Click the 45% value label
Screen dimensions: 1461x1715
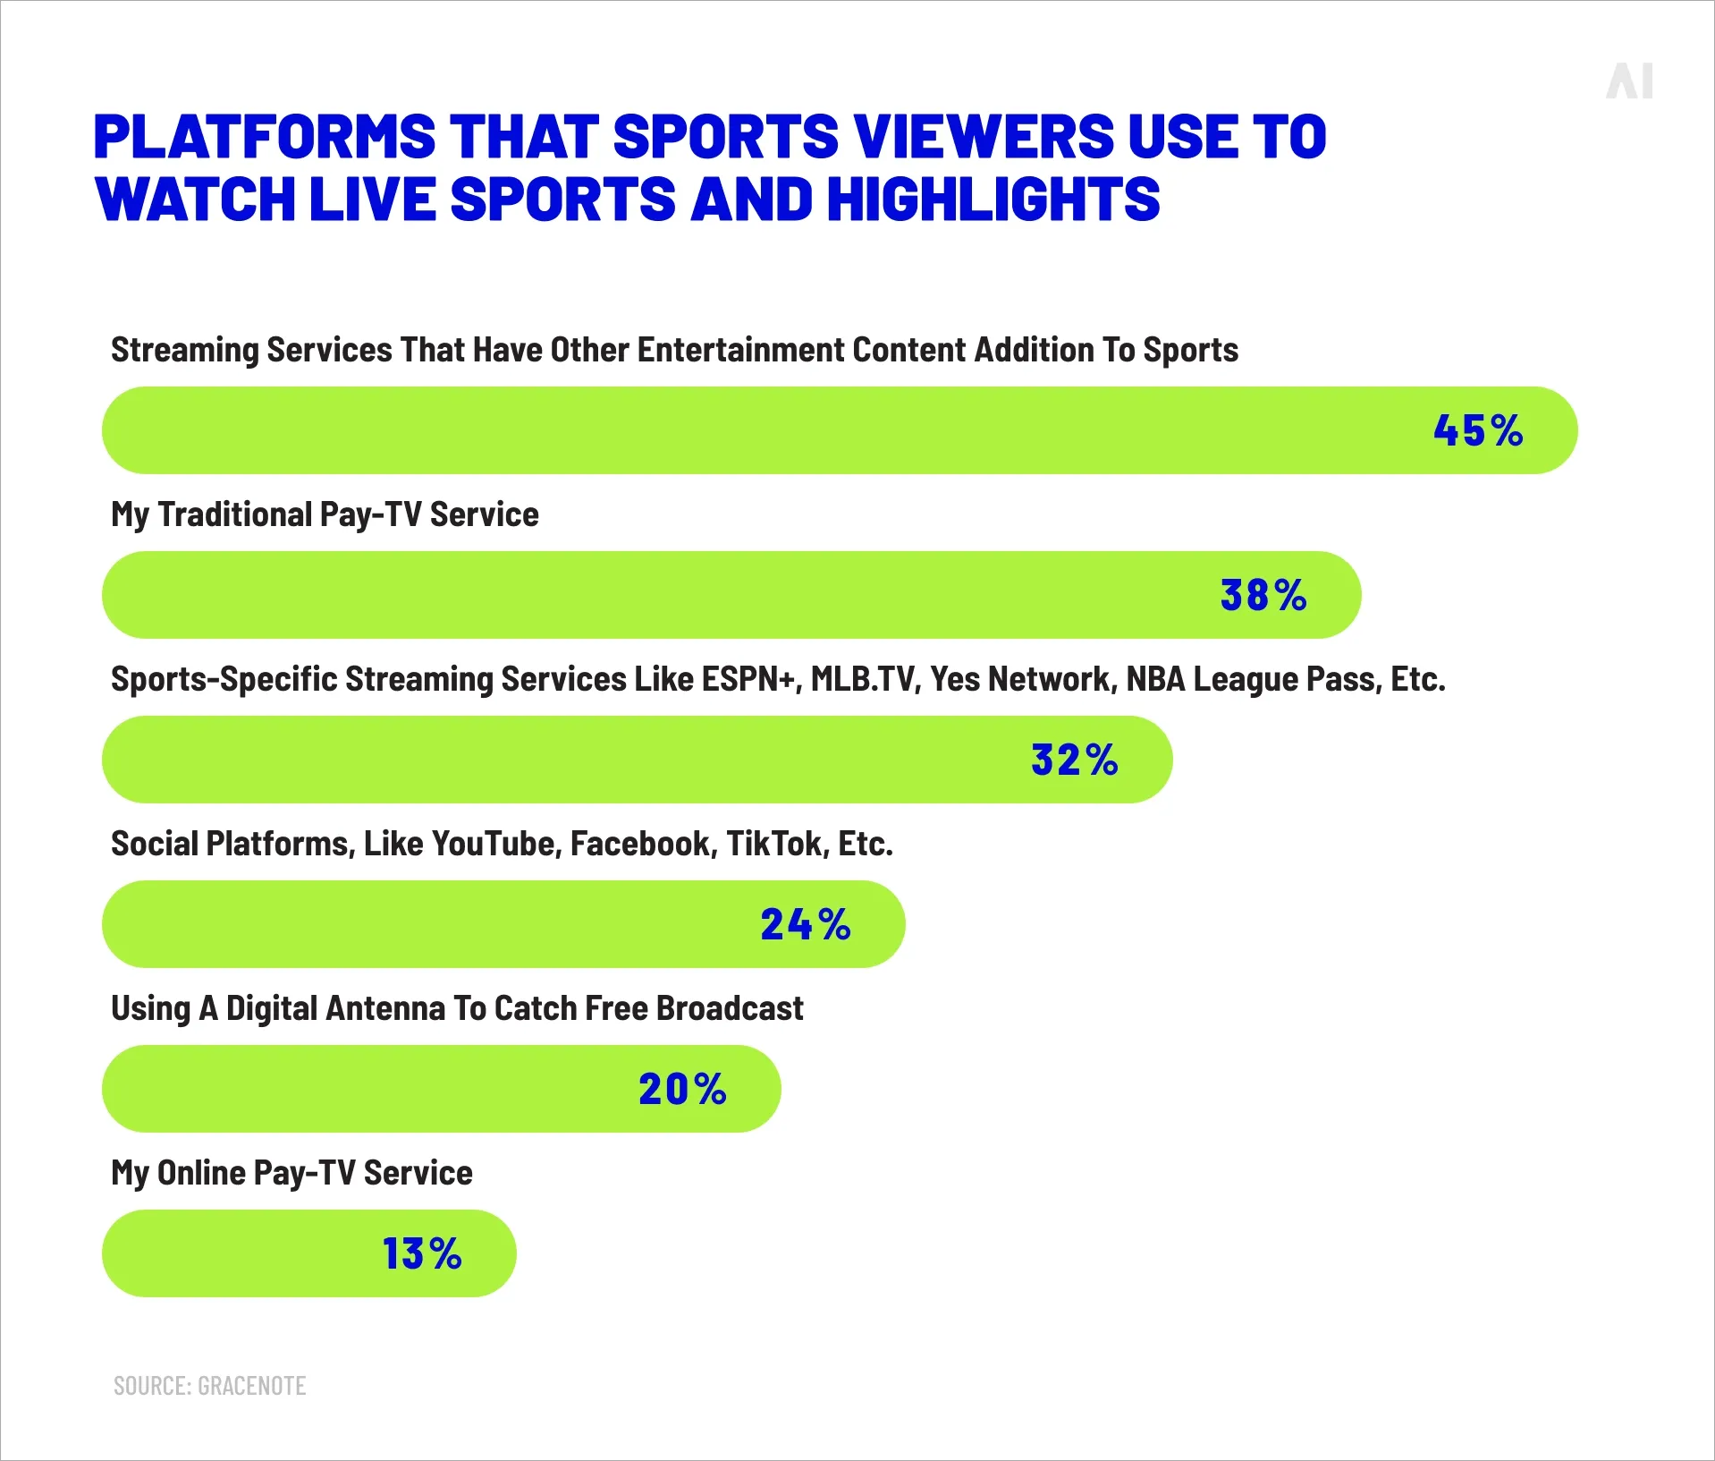tap(1478, 430)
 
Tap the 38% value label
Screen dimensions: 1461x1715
tap(1263, 595)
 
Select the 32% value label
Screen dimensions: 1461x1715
tap(1074, 760)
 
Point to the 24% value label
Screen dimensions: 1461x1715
tap(806, 924)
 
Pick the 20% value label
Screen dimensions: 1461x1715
tap(682, 1089)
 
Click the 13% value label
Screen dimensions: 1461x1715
tap(422, 1253)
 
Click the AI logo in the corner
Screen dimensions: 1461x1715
tap(1629, 81)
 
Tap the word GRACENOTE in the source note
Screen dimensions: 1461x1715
tap(251, 1386)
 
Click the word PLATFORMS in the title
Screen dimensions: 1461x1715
tap(265, 137)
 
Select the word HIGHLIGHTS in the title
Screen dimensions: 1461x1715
tap(993, 199)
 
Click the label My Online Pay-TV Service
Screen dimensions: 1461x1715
tap(291, 1173)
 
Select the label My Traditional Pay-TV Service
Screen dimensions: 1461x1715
tap(325, 514)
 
